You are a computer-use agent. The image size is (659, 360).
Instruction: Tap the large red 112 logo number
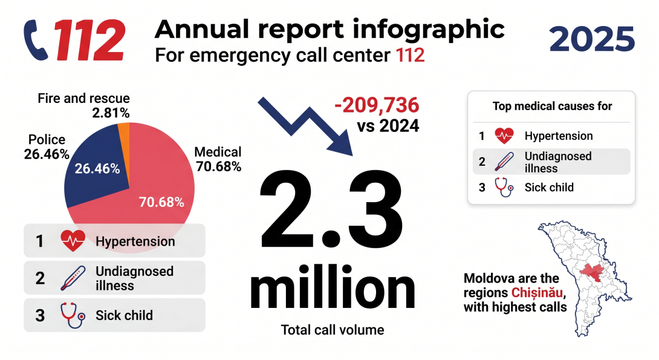coord(89,41)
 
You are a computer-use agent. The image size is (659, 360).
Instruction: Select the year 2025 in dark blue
coord(592,39)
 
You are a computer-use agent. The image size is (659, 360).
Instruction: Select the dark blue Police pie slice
coord(99,165)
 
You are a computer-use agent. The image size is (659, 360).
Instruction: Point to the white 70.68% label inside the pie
coord(161,202)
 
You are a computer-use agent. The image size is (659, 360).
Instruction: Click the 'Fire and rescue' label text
coord(83,99)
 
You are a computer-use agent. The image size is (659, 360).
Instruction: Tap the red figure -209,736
coord(377,105)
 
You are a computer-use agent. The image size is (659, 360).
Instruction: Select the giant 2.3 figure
coord(331,209)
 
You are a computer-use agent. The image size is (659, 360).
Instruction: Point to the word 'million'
coord(332,288)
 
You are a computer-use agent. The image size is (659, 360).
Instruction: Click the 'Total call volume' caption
coord(333,330)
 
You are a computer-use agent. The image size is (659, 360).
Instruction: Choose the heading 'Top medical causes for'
coord(552,106)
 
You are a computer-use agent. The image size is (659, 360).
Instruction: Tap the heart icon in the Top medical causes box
coord(504,136)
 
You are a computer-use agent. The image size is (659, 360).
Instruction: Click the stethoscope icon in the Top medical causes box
coord(504,187)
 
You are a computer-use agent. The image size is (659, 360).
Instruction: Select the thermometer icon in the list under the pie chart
coord(73,278)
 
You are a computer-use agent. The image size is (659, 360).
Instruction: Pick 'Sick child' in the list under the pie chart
coord(124,315)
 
